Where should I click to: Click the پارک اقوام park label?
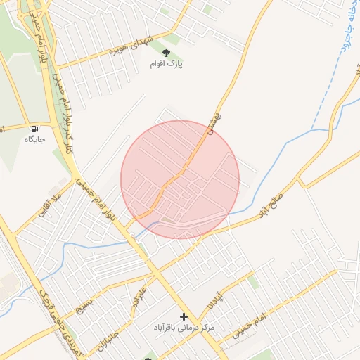point(166,64)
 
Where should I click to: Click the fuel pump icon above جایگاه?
point(35,129)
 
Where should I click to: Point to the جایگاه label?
point(35,140)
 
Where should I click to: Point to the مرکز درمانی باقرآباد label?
point(184,328)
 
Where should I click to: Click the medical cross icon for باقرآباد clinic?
point(184,317)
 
